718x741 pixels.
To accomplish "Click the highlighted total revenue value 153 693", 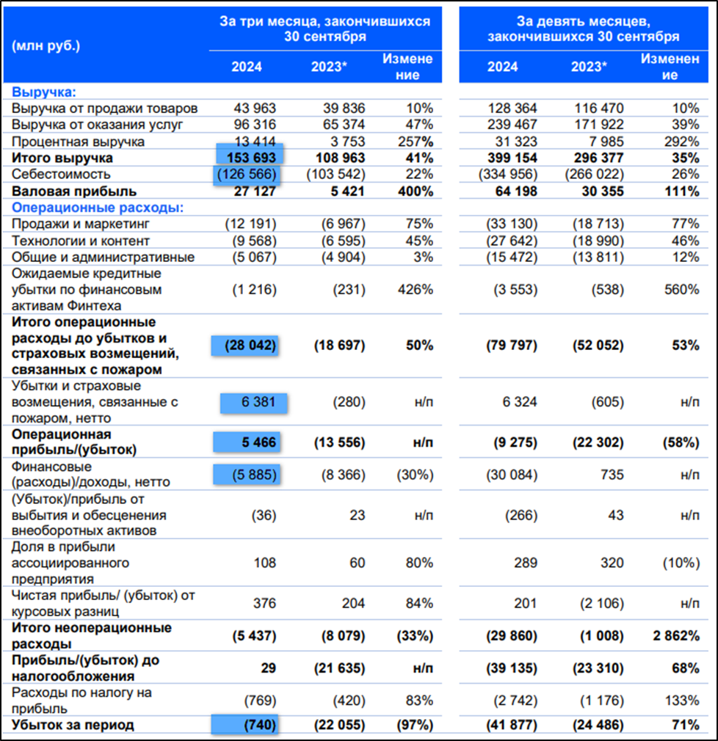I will click(250, 158).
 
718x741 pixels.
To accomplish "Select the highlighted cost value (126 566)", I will click(247, 175).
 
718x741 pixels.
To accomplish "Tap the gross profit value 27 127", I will click(254, 191).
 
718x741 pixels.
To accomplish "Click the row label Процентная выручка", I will click(78, 141).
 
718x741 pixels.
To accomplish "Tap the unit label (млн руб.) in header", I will click(46, 45).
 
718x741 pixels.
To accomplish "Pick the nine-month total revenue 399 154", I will click(512, 158).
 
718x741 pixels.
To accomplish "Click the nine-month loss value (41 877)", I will click(512, 725).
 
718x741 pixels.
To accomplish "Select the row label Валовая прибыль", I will click(60, 191).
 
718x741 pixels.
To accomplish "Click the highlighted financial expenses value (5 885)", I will click(250, 475).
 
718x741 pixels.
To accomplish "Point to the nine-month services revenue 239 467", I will click(512, 125).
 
